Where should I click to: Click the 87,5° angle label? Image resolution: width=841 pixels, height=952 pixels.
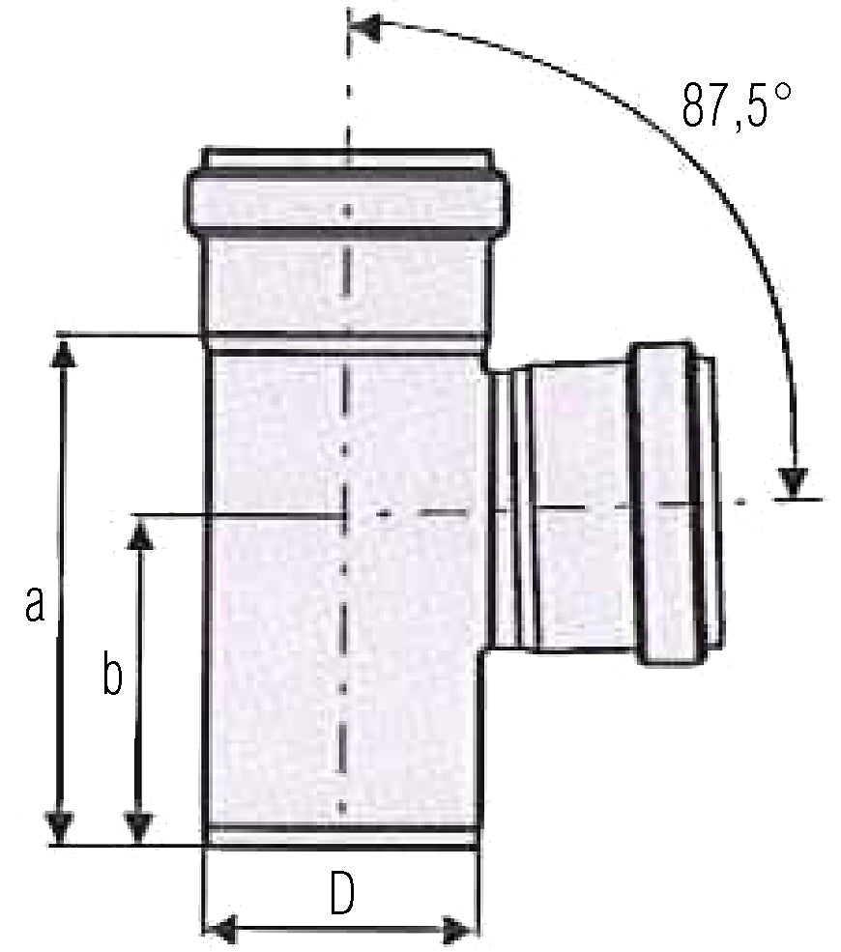pyautogui.click(x=736, y=105)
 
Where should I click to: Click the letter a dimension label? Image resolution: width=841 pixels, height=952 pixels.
pyautogui.click(x=35, y=604)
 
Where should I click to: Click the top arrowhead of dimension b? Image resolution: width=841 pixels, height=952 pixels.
pyautogui.click(x=140, y=535)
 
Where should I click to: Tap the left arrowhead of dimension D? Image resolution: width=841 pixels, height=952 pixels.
pyautogui.click(x=219, y=930)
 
